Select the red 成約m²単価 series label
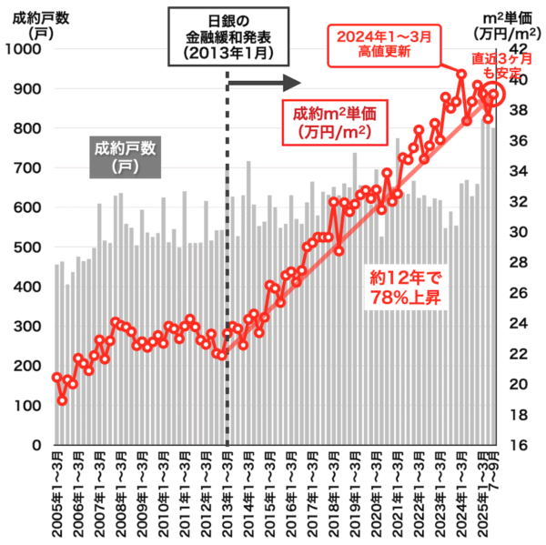point(335,122)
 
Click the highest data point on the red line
point(461,74)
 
